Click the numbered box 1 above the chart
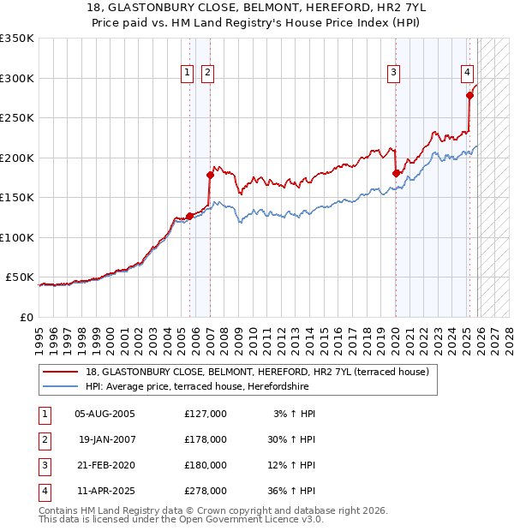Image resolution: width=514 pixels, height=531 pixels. (x=187, y=74)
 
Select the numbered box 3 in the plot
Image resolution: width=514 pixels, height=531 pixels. (x=393, y=74)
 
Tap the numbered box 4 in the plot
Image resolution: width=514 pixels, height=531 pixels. (x=468, y=74)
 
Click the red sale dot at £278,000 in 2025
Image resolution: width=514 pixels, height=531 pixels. (x=469, y=96)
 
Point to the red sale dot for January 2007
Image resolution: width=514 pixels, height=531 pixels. (x=210, y=175)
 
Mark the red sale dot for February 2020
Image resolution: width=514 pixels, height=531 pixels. (x=396, y=173)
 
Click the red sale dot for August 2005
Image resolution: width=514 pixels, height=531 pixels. (x=189, y=216)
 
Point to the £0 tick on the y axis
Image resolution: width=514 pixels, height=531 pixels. (x=27, y=317)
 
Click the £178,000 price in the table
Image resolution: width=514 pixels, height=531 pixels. (x=205, y=439)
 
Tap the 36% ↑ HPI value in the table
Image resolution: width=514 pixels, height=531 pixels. (x=291, y=491)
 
